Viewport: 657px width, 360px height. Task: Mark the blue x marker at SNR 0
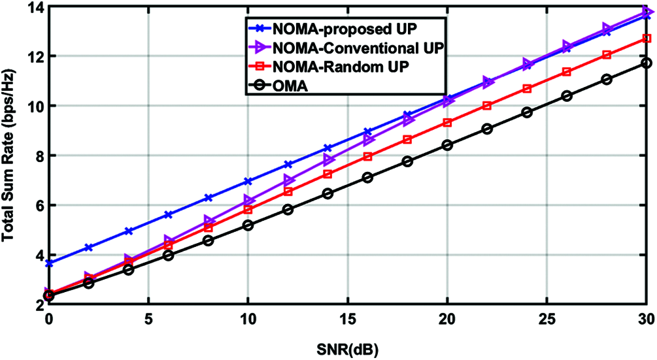coord(49,263)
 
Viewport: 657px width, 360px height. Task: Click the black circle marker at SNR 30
coord(647,63)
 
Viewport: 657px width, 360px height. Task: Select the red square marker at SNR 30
coord(647,39)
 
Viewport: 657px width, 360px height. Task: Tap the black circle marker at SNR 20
coord(447,145)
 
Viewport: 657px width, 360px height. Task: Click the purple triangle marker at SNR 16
coord(368,140)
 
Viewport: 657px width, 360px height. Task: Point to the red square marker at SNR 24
coord(527,88)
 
